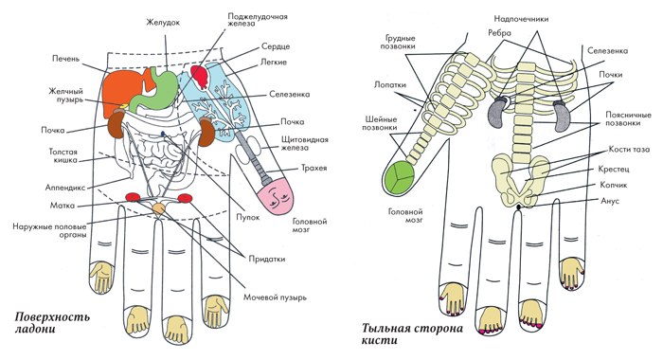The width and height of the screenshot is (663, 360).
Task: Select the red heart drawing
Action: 200,75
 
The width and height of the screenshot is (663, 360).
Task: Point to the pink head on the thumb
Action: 276,197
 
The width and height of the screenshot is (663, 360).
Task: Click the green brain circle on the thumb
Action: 400,177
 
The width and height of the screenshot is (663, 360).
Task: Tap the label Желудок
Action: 163,23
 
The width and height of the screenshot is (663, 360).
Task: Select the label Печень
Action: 65,59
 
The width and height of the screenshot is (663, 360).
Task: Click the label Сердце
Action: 276,46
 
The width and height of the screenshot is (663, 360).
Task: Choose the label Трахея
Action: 314,168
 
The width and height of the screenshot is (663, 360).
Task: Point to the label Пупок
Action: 247,217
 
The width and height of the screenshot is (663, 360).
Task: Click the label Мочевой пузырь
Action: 275,297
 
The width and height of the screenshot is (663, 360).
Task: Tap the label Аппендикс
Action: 65,188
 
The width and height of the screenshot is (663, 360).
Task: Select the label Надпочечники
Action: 521,19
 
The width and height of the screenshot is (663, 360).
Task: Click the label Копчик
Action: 613,186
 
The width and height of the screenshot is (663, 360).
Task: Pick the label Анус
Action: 610,201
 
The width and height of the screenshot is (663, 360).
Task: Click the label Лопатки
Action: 390,84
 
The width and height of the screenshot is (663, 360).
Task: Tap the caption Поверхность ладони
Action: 52,323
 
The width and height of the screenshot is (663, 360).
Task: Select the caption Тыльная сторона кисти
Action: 412,334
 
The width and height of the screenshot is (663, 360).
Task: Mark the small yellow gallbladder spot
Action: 124,105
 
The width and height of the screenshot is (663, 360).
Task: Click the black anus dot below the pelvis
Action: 519,207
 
